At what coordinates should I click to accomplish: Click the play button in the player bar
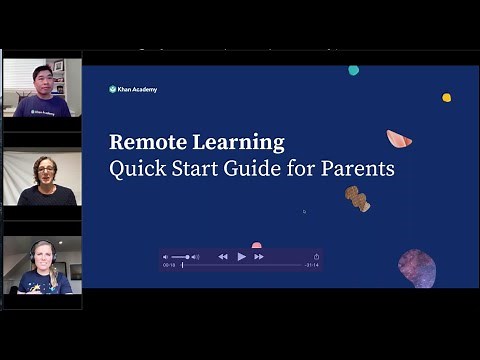[x=241, y=257]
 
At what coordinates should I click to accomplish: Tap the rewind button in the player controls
[x=223, y=257]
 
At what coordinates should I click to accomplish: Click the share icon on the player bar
[x=316, y=257]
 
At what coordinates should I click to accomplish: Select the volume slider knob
[x=186, y=257]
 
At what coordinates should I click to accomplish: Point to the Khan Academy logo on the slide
[x=133, y=89]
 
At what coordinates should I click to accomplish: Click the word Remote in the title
[x=142, y=142]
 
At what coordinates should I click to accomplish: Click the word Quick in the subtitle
[x=134, y=168]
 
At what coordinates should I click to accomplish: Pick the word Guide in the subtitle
[x=251, y=168]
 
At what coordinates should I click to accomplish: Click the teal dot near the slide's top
[x=353, y=70]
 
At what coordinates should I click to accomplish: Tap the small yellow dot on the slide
[x=446, y=97]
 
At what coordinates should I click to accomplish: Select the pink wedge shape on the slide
[x=399, y=139]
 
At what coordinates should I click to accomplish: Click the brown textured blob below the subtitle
[x=357, y=198]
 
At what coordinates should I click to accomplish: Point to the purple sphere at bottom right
[x=417, y=267]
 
